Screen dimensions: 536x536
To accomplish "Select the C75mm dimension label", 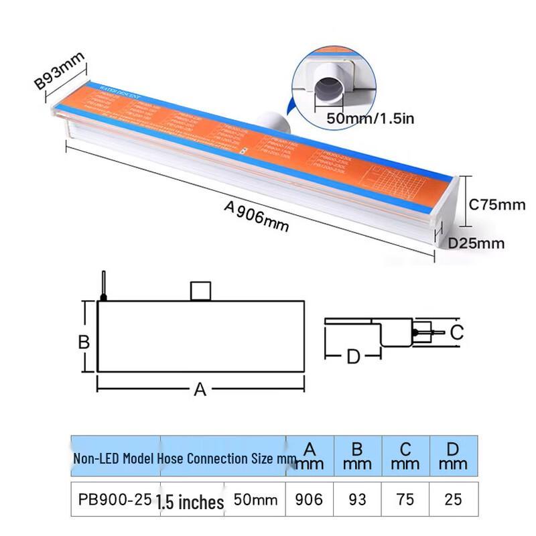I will [x=497, y=204].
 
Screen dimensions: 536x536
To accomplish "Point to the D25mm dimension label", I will [x=476, y=243].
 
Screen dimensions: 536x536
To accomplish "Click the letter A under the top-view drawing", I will [x=200, y=389].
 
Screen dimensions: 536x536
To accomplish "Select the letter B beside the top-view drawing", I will [x=84, y=342].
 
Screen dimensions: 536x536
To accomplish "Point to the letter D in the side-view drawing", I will [x=353, y=357].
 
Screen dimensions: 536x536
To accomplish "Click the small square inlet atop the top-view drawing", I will [x=201, y=291].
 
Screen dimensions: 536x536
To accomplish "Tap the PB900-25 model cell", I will [x=111, y=500].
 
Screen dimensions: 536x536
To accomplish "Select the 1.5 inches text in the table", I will [x=190, y=502].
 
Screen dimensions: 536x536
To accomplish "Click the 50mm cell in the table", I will [x=255, y=500].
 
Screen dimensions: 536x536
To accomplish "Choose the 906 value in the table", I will [x=310, y=500].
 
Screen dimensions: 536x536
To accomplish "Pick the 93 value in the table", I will [x=358, y=500].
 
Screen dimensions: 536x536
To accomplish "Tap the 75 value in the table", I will [x=405, y=500].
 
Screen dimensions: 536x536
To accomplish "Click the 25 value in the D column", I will [x=454, y=500].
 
